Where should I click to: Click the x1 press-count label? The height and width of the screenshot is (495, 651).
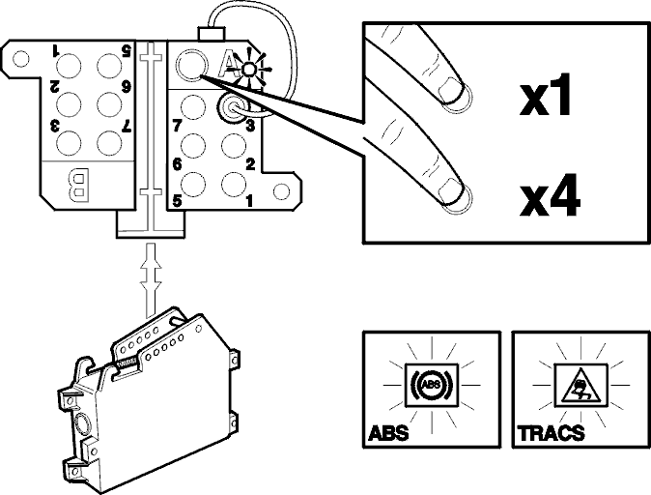(545, 95)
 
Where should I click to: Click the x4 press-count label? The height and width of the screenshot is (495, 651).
(550, 195)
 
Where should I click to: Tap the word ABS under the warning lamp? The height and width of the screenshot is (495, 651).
(388, 433)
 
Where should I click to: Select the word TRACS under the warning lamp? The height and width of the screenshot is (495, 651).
(551, 433)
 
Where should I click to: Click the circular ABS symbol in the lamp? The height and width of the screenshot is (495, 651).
(432, 385)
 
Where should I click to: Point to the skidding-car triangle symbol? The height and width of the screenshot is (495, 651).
(580, 386)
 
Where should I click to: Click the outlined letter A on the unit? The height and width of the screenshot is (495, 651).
(228, 65)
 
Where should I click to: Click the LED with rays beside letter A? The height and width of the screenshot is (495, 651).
(248, 69)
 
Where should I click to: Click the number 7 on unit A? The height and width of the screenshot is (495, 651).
(178, 126)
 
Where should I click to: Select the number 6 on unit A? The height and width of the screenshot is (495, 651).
(178, 164)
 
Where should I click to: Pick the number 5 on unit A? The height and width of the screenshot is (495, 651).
(178, 201)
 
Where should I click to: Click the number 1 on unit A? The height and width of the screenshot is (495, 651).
(249, 201)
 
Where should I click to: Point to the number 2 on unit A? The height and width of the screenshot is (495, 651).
(250, 164)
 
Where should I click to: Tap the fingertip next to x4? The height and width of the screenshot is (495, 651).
(456, 195)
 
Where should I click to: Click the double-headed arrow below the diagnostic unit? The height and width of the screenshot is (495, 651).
(151, 278)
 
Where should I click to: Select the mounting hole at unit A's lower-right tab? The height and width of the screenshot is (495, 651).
(281, 191)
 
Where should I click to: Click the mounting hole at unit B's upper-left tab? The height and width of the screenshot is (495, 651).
(20, 59)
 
